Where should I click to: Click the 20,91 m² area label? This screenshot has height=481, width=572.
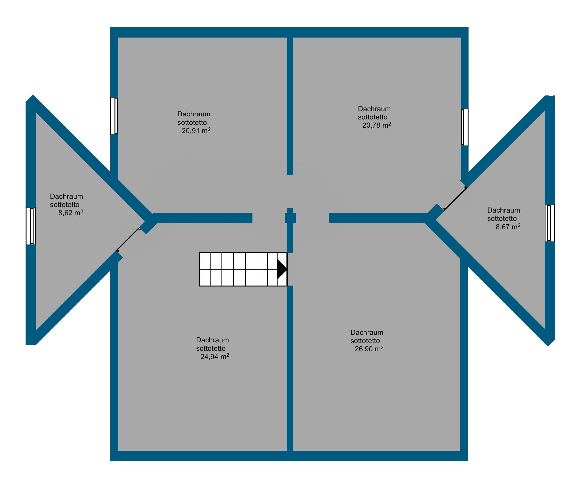pos(196,131)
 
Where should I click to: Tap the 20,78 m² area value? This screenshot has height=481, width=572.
pos(377,125)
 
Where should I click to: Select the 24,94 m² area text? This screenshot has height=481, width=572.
pos(215,356)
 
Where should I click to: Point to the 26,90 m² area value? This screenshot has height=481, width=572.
pos(369,349)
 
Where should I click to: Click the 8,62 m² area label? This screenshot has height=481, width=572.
pos(71,213)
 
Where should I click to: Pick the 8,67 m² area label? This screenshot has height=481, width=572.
pos(508,227)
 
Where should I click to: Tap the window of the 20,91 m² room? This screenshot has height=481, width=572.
pos(114,116)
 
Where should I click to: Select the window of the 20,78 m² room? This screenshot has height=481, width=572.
pos(465,127)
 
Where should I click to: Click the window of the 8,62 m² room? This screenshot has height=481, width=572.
pos(31,226)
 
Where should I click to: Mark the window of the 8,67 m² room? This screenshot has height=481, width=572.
pos(550,223)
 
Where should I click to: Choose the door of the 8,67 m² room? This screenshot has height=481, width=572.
pos(454,198)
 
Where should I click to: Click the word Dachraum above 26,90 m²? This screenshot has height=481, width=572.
pos(367,332)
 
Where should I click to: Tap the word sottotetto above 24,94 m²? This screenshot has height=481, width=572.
pos(211,348)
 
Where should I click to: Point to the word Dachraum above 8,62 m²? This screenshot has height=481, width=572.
pos(66,196)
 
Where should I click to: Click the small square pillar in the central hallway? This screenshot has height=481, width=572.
pos(291,218)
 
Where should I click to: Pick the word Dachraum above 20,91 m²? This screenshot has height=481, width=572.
pos(194,114)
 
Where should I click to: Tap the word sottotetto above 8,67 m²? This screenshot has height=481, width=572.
pos(502,218)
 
